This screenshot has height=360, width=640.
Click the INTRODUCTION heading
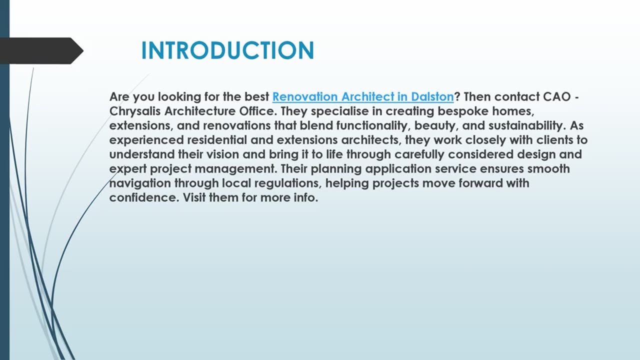coord(227,50)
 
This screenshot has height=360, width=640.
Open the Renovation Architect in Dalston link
coord(362,96)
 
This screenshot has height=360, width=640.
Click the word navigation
coord(139,183)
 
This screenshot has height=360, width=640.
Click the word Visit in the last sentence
coord(194,197)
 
